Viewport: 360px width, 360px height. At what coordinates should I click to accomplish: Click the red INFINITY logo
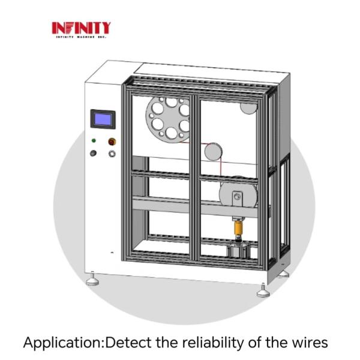(x=81, y=28)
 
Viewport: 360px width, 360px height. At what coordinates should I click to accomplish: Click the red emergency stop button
(x=112, y=142)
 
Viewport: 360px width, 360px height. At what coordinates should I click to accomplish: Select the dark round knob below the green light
(x=94, y=154)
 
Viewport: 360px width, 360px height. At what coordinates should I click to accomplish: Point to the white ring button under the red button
(x=112, y=154)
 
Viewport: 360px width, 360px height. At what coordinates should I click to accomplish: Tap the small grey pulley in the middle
(x=213, y=151)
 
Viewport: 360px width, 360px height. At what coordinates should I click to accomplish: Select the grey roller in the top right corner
(x=248, y=107)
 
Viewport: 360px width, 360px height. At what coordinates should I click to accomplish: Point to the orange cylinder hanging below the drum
(x=237, y=228)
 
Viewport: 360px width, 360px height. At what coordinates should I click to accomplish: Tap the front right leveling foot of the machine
(x=263, y=292)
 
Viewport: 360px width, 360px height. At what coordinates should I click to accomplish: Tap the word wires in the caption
(x=308, y=343)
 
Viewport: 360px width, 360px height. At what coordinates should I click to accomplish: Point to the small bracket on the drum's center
(x=238, y=196)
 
